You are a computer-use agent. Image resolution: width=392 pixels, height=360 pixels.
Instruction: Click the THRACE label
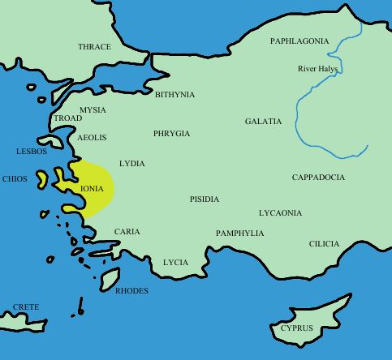[x=94, y=47]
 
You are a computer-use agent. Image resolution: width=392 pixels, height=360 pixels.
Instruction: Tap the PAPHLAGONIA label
[x=299, y=41]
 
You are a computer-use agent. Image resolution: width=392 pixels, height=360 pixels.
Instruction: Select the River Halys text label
[x=318, y=69]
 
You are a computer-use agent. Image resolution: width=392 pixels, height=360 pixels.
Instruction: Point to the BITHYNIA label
[x=174, y=95]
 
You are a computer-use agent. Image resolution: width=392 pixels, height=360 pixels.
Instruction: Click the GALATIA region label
[x=263, y=122]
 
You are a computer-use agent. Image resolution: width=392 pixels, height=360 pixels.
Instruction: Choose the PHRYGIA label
[x=171, y=133]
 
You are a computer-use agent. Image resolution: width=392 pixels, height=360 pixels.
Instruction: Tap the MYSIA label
[x=93, y=109]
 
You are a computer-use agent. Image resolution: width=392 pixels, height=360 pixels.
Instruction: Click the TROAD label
[x=67, y=118]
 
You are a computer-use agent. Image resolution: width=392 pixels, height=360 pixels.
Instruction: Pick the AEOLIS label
[x=92, y=138]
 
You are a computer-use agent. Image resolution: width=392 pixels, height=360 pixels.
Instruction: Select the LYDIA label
[x=131, y=164]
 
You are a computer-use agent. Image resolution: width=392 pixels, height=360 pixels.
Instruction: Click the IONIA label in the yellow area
[x=93, y=188]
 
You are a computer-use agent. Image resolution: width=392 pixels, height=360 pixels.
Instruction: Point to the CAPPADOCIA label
[x=318, y=177]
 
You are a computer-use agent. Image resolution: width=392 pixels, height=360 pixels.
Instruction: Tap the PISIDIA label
[x=205, y=199]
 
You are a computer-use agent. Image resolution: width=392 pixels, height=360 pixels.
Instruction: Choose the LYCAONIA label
[x=280, y=213]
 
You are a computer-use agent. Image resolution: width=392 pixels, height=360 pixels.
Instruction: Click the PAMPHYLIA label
[x=239, y=234]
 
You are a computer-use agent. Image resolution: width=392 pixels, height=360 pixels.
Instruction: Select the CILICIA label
[x=324, y=244]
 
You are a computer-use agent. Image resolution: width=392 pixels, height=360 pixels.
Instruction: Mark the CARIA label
[x=127, y=232]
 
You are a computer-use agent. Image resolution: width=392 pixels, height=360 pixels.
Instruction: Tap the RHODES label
[x=131, y=290]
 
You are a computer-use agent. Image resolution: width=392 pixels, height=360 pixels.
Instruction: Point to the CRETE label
[x=26, y=308]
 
